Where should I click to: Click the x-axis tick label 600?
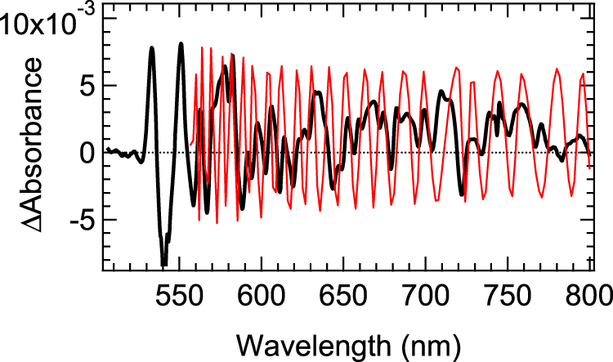261,298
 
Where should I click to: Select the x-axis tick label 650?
343,298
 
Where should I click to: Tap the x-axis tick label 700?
426,298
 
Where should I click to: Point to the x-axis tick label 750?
508,298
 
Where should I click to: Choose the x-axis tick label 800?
588,298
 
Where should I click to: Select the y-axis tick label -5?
79,221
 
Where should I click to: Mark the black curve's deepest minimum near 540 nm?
163,264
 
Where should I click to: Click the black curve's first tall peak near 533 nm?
152,48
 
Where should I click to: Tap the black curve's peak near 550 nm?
181,44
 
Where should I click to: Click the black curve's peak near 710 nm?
441,92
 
